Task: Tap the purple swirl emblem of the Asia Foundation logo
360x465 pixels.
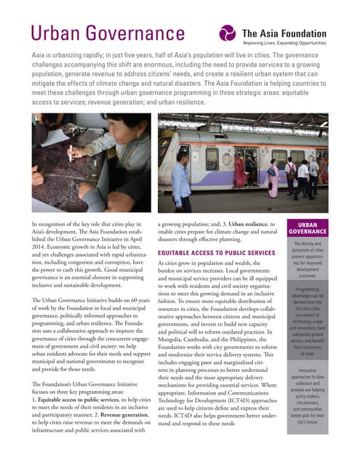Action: tap(228, 33)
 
